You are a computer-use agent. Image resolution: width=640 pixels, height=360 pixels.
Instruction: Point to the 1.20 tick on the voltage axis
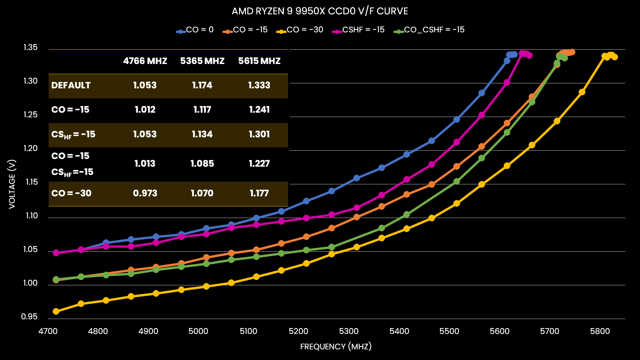coord(30,148)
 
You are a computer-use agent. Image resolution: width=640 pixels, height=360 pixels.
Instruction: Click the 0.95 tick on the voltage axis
coord(29,317)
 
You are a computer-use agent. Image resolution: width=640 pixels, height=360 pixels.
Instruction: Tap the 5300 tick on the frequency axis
coord(349,331)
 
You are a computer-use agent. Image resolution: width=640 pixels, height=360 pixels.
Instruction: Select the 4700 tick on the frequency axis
coord(48,331)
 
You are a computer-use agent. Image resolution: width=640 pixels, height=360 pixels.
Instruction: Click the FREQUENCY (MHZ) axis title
coord(336,347)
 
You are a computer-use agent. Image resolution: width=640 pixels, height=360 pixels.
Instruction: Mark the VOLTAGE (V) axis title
coord(12,184)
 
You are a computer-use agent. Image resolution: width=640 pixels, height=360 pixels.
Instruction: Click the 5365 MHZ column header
coord(202,61)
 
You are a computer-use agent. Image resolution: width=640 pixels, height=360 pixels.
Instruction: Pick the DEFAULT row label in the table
coord(71,85)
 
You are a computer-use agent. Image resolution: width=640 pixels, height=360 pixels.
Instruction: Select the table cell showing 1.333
coord(259,85)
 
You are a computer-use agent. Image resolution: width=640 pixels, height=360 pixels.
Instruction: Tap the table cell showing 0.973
coord(145,193)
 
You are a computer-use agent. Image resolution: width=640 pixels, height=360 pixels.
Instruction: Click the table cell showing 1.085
coord(202,164)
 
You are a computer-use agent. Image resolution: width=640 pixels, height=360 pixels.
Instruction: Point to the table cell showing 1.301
coord(259,134)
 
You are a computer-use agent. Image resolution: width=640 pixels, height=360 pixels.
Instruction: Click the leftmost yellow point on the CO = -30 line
coord(56,311)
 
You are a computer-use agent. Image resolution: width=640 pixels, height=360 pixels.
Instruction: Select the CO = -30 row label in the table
coord(71,193)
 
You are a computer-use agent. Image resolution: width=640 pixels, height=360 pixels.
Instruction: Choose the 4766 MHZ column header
coord(145,61)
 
